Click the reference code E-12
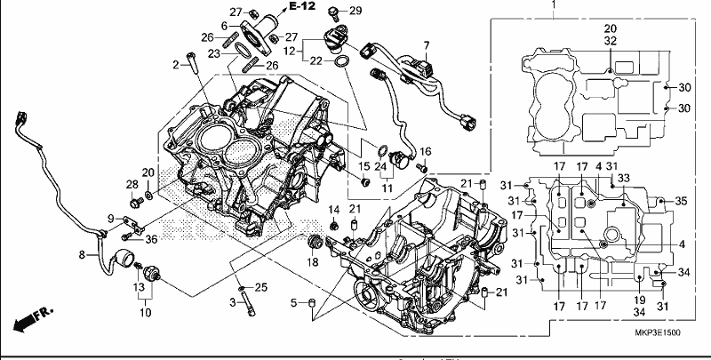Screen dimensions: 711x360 [x=302, y=6]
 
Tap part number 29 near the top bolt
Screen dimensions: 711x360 [x=356, y=11]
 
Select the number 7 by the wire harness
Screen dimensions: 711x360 [x=426, y=45]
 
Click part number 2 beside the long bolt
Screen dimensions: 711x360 [x=176, y=65]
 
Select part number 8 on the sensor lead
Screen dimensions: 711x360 [x=82, y=255]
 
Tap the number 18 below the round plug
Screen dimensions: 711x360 [x=313, y=262]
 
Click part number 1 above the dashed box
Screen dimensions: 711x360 [x=553, y=4]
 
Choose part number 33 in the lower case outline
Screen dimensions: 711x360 [x=625, y=179]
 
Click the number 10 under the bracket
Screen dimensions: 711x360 [x=146, y=312]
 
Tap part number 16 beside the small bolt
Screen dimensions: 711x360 [x=426, y=151]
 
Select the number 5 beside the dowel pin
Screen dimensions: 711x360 [x=293, y=302]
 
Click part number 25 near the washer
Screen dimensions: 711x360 [x=260, y=287]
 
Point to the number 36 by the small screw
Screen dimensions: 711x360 [x=151, y=239]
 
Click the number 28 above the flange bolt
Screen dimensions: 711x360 [x=132, y=185]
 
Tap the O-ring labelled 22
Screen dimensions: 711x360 [x=342, y=60]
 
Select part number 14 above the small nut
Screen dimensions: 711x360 [x=334, y=210]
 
